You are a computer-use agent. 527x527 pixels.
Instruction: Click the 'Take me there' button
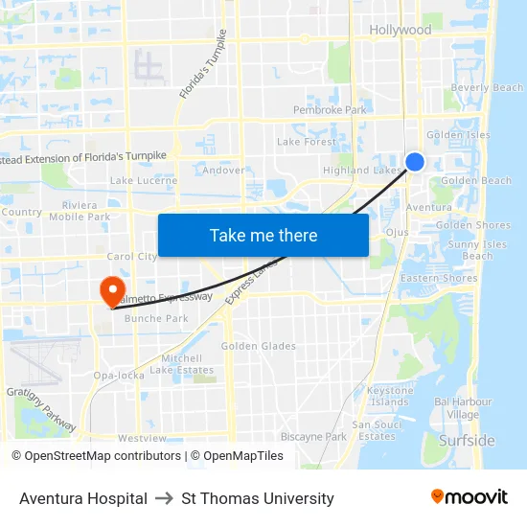(263, 236)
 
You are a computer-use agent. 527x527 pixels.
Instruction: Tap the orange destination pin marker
(111, 290)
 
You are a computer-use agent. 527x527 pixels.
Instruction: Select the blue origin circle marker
(415, 162)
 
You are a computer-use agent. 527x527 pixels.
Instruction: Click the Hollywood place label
(401, 31)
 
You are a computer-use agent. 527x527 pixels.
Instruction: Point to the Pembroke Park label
(330, 110)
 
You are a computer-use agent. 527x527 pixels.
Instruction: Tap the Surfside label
(467, 441)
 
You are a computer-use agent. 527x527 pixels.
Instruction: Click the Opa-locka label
(118, 376)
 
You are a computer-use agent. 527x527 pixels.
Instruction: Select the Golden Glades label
(259, 346)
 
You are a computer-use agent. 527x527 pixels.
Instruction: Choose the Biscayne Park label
(313, 437)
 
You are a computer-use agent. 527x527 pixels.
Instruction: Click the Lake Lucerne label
(144, 180)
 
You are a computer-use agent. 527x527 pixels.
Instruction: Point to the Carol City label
(131, 257)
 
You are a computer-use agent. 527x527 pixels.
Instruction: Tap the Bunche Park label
(156, 318)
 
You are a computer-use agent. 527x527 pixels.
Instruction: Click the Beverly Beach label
(487, 88)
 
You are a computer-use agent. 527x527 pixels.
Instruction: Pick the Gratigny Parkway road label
(40, 407)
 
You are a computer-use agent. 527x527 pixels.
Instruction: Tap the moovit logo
(470, 497)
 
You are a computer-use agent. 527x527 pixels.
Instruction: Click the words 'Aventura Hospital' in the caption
(83, 498)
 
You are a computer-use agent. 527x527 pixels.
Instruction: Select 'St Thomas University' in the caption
(258, 498)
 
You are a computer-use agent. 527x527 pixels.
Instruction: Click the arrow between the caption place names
(164, 498)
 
